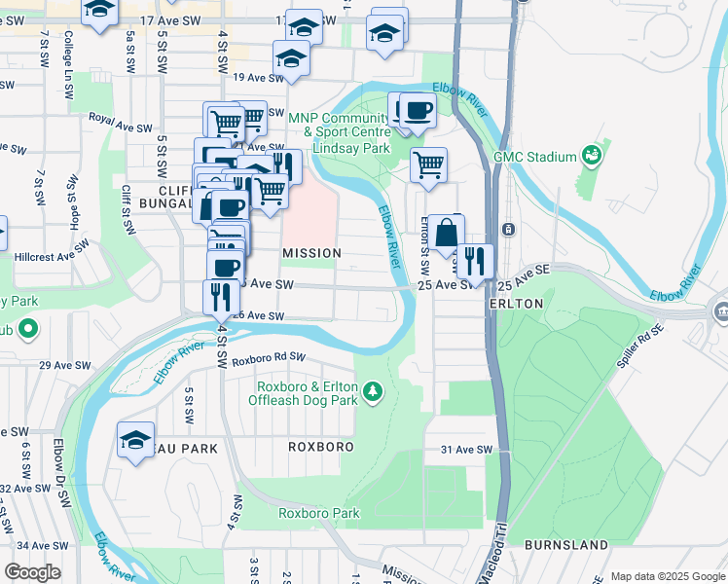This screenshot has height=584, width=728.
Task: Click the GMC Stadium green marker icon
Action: (590, 156)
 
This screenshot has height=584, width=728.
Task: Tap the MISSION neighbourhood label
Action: (311, 253)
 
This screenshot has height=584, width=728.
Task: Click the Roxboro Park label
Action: (319, 513)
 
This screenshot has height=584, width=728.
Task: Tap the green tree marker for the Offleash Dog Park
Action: (371, 392)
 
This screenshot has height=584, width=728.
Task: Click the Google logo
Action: (32, 572)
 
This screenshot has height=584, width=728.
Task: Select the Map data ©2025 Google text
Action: (666, 576)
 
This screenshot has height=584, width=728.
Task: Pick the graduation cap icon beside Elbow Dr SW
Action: (136, 438)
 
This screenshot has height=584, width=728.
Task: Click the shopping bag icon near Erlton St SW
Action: (446, 234)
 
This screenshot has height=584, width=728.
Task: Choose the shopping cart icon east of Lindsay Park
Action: (427, 164)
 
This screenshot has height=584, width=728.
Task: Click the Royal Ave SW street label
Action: (121, 128)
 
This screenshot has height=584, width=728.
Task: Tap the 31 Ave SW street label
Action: (467, 450)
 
